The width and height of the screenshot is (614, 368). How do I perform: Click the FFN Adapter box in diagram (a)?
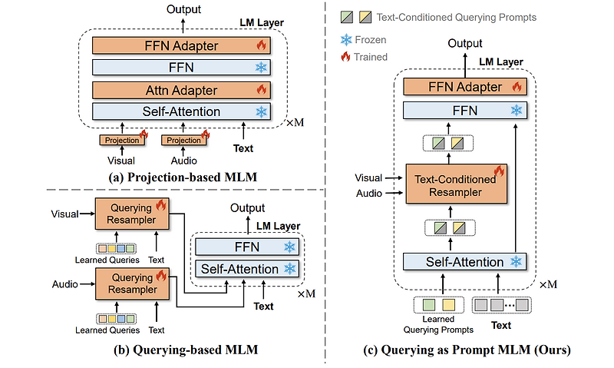181,45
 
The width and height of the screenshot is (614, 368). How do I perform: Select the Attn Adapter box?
181,89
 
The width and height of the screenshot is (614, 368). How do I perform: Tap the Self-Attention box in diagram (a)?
181,111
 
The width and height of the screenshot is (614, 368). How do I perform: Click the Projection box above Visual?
122,140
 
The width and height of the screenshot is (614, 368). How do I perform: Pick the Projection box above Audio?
184,140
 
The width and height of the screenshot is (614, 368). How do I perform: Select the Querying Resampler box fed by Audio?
127,284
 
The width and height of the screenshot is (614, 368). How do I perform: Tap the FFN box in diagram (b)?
247,247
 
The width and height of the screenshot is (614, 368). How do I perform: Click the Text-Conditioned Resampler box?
455,184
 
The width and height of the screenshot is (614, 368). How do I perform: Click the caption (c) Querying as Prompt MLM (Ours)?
467,350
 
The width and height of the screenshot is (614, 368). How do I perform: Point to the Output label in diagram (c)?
465,44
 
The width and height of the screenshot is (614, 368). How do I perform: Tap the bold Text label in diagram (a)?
243,148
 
